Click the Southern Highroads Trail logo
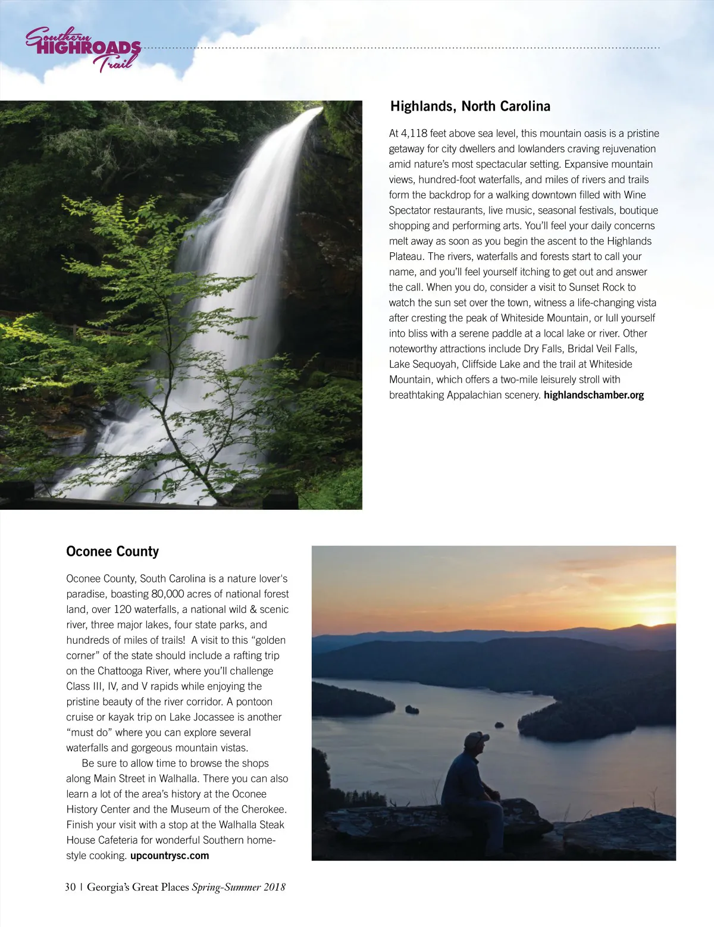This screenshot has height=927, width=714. pos(83,49)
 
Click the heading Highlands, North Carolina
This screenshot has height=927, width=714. pos(470,107)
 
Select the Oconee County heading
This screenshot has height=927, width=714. pos(112,552)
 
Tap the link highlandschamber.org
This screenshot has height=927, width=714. pos(593,395)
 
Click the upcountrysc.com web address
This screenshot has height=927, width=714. pos(170,856)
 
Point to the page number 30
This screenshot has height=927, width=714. pos(70,887)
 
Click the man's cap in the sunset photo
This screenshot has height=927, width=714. pos(476,738)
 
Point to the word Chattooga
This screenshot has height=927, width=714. pos(126,671)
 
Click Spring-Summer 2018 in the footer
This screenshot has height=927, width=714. pos(239,887)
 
